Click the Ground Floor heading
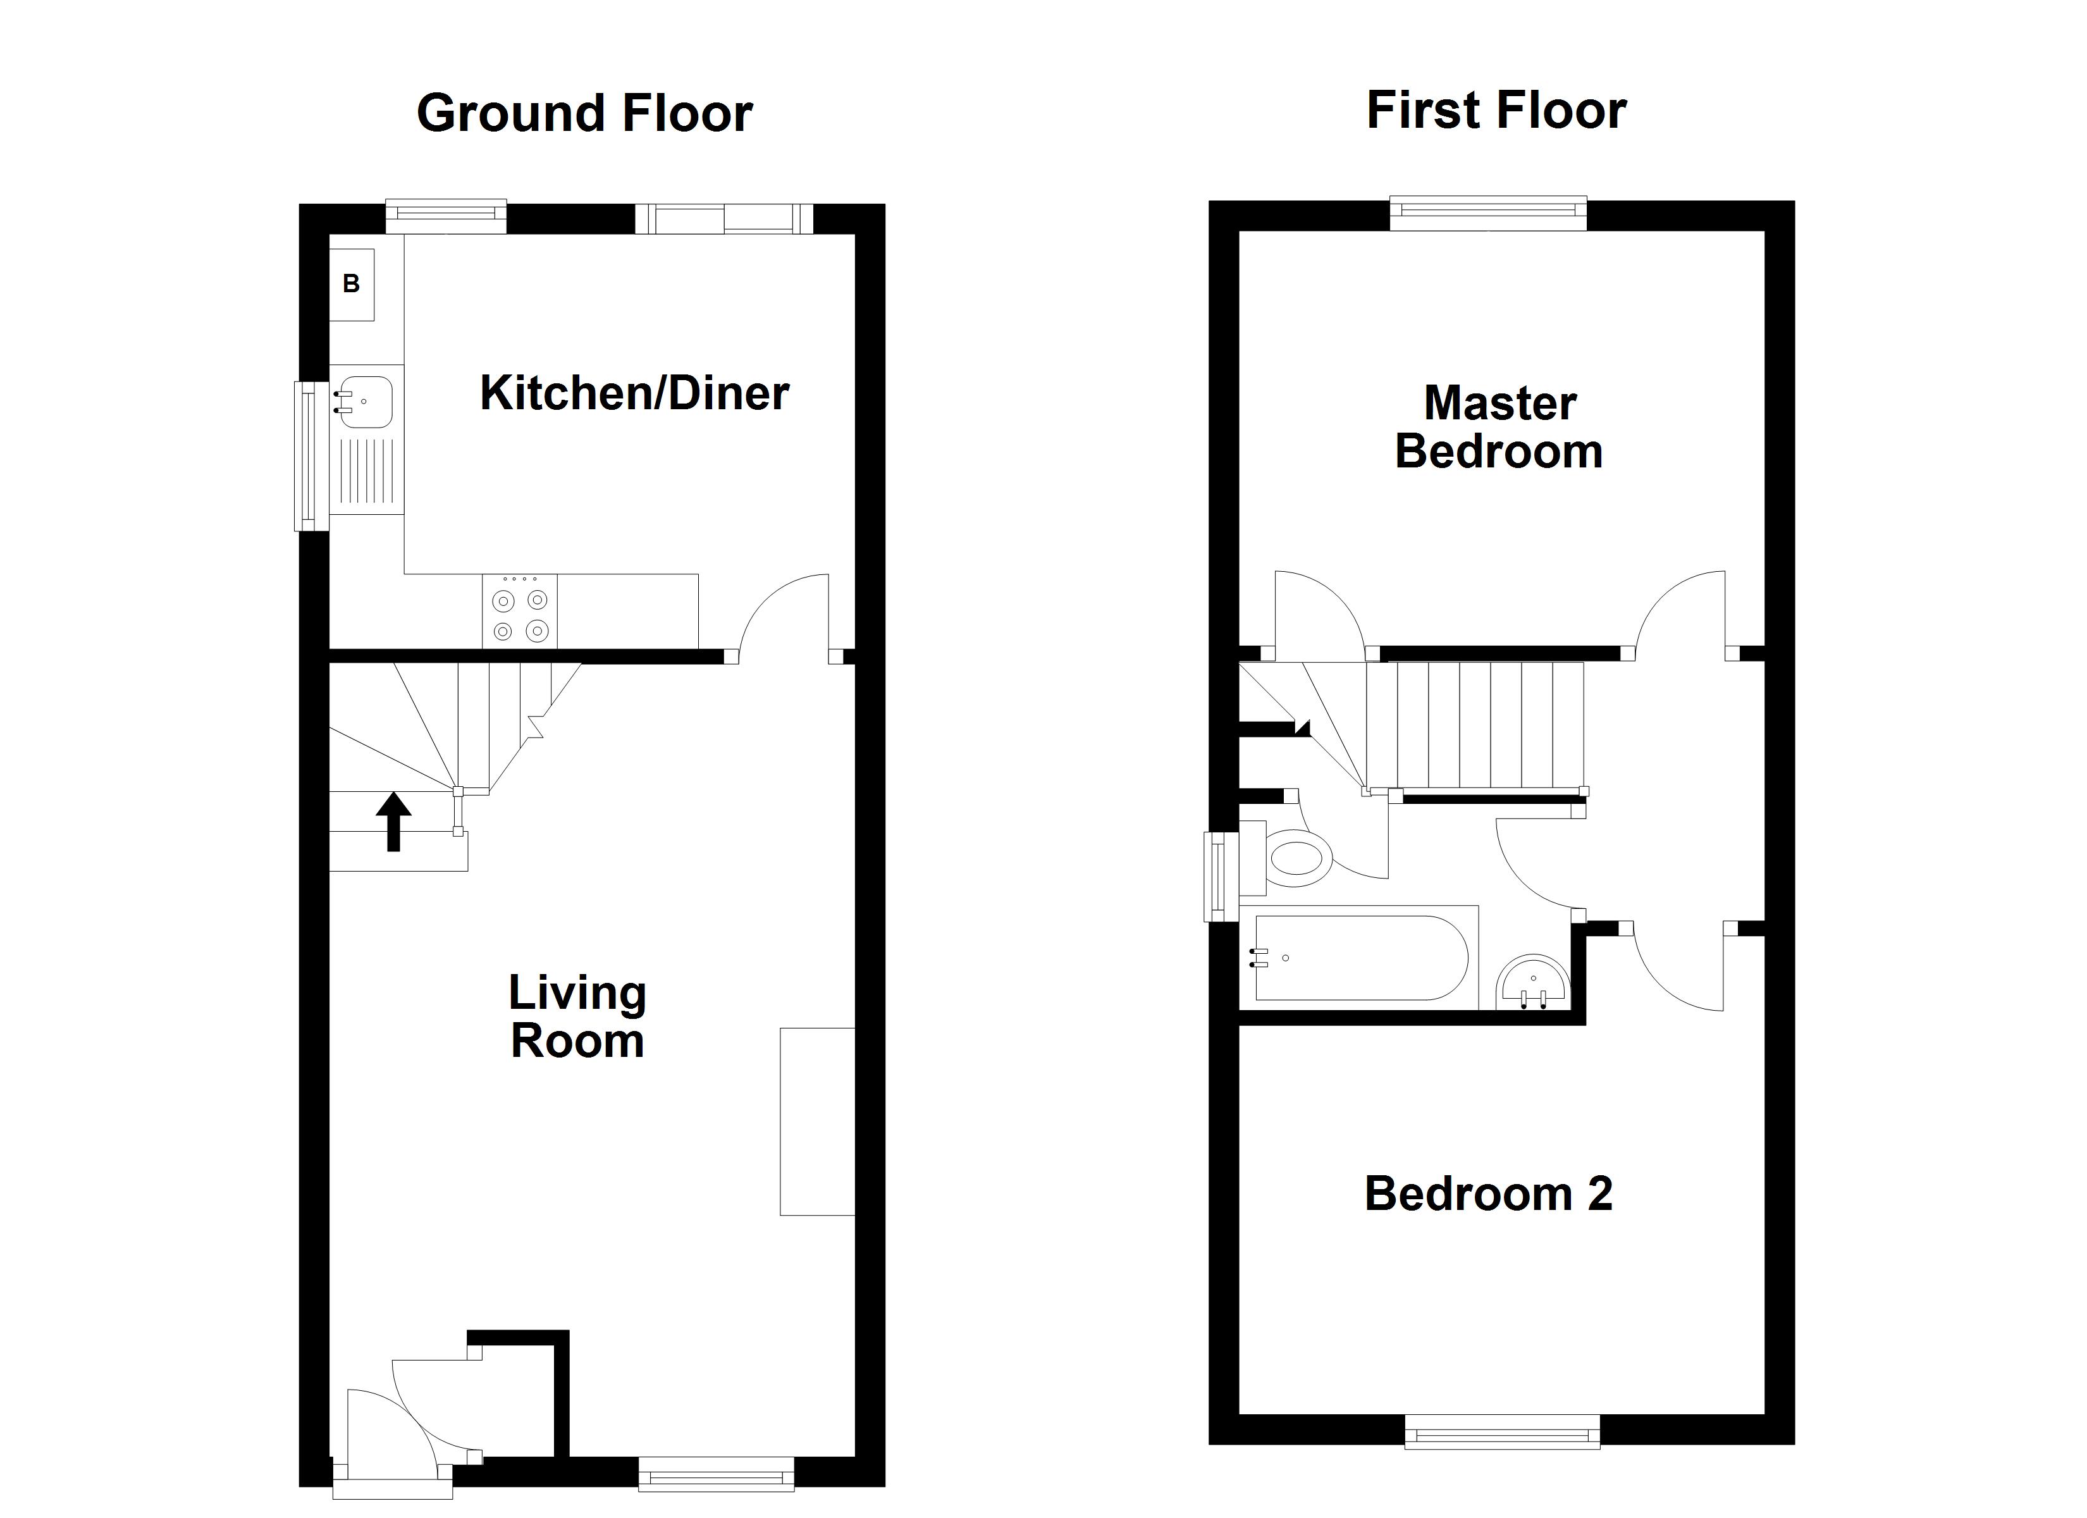coord(584,113)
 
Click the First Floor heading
coord(1496,111)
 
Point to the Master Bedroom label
coord(1499,427)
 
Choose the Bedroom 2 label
coord(1488,1194)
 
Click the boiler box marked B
coord(352,285)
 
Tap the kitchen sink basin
coord(366,402)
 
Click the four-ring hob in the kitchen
coord(519,611)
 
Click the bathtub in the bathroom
coord(1358,958)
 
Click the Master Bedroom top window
coord(1488,214)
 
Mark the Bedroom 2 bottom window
coord(1503,1431)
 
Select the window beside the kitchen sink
coord(311,457)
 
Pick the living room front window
coord(717,1474)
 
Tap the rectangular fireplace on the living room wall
coord(817,1122)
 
